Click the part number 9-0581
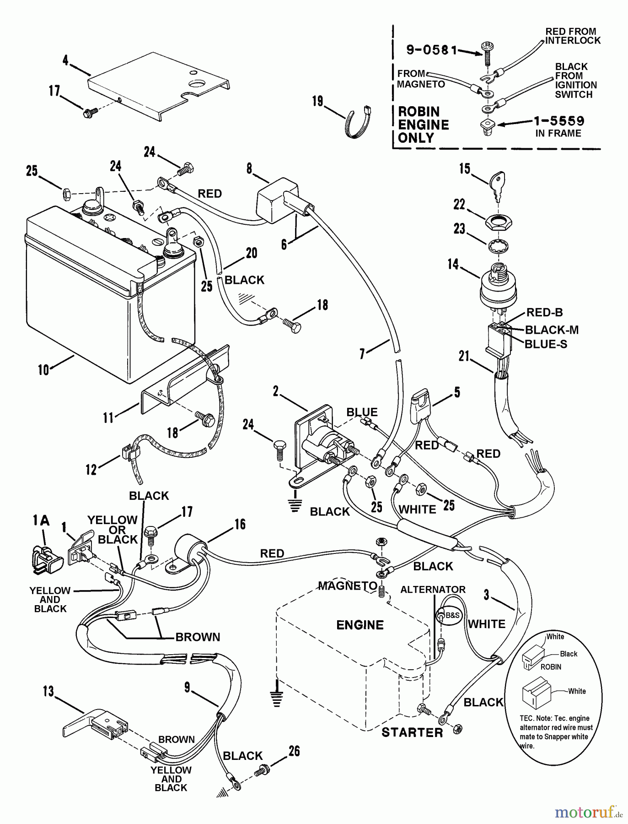tap(432, 50)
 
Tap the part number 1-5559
tap(559, 121)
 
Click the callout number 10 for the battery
tap(43, 369)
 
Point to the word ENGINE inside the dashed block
tap(360, 625)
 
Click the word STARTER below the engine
tap(412, 732)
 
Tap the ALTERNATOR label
tap(433, 590)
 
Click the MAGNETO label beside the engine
tap(348, 586)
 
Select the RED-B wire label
tap(544, 313)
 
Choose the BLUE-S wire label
tap(546, 344)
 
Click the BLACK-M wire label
tap(552, 330)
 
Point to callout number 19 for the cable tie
tap(317, 101)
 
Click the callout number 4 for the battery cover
tap(65, 60)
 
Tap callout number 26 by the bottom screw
tap(294, 751)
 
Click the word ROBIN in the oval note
tap(551, 667)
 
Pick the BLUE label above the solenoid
tap(362, 412)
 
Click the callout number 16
tap(240, 524)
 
